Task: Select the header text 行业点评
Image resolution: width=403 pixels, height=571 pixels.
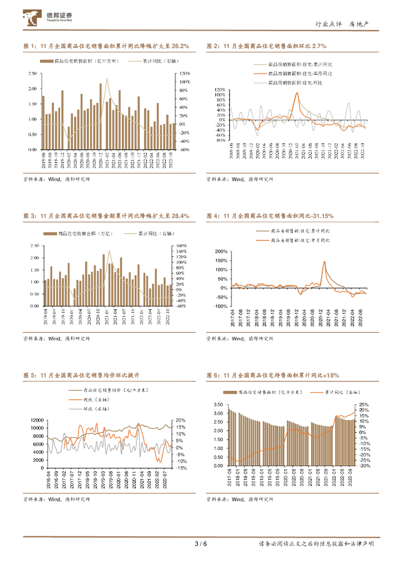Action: [x=327, y=24]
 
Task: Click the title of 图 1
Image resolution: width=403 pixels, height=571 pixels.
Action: [x=106, y=46]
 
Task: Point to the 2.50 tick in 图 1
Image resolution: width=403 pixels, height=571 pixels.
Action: [x=32, y=74]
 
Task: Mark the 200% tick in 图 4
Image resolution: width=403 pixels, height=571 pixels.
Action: [x=222, y=251]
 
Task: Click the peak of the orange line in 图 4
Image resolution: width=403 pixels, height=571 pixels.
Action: [x=325, y=261]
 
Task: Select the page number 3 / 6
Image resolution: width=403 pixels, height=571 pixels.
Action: [x=200, y=544]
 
